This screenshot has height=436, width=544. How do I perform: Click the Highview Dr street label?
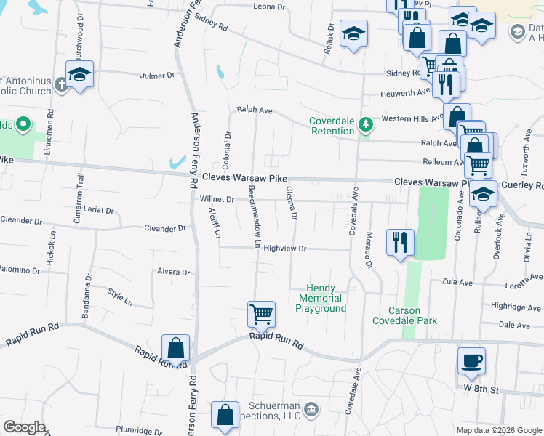(286, 249)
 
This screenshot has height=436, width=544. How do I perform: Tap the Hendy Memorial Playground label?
(321, 299)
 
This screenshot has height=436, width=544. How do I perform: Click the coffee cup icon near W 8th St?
(471, 360)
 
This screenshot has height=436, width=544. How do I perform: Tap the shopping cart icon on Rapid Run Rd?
(261, 315)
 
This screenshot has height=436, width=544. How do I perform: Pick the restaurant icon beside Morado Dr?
(400, 243)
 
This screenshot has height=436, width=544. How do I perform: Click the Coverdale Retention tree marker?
(366, 126)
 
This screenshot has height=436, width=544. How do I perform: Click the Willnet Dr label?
(217, 198)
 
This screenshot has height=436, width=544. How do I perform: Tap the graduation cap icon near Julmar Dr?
(80, 74)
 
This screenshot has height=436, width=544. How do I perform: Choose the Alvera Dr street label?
(173, 272)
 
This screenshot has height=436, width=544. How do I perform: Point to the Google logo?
(24, 427)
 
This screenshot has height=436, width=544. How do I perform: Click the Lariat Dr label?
(100, 210)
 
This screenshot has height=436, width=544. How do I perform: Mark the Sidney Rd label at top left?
(212, 22)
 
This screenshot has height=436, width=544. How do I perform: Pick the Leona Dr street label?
(269, 7)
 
